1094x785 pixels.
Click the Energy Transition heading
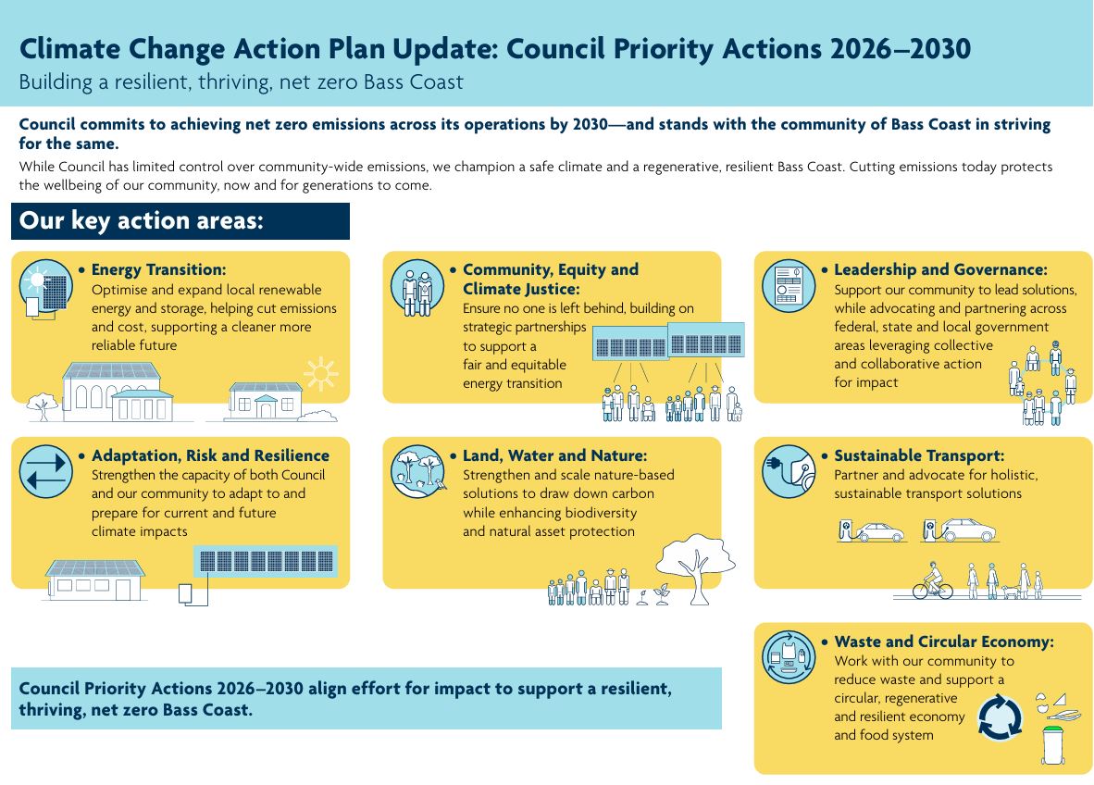point(158,270)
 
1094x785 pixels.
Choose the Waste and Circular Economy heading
point(943,642)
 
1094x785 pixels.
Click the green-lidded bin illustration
point(1052,745)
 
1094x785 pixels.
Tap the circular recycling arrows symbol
point(1001,718)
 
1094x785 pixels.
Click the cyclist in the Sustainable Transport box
point(932,582)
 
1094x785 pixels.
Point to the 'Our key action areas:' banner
point(180,222)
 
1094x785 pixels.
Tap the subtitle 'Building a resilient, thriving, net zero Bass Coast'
point(241,81)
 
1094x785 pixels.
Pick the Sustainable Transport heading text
point(918,455)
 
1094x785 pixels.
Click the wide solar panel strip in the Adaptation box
point(266,562)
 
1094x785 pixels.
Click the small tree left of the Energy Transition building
point(40,405)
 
